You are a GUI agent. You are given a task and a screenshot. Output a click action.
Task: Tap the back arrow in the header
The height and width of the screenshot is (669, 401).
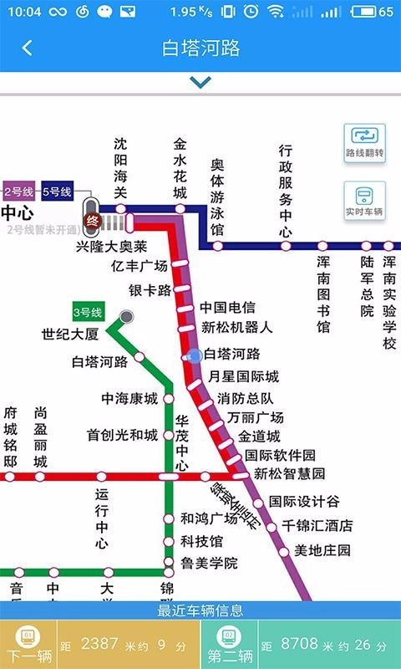pyautogui.click(x=27, y=48)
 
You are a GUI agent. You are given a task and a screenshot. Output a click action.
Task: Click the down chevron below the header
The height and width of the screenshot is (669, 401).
pyautogui.click(x=200, y=82)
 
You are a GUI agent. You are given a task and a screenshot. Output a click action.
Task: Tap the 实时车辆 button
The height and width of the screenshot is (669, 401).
pyautogui.click(x=365, y=202)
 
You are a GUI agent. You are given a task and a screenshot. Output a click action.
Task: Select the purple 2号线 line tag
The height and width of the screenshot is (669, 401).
pyautogui.click(x=18, y=192)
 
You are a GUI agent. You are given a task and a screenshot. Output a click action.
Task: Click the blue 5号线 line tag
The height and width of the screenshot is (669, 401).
pyautogui.click(x=57, y=192)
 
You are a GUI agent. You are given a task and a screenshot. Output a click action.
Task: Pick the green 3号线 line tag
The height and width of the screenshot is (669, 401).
pyautogui.click(x=87, y=313)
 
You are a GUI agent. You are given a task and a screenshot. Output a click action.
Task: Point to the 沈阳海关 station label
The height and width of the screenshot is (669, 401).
pyautogui.click(x=121, y=168)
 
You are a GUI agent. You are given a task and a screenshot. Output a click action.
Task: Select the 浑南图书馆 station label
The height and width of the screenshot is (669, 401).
pyautogui.click(x=323, y=294)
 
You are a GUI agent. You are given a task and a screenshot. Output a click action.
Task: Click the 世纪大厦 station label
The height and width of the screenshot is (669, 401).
pyautogui.click(x=70, y=334)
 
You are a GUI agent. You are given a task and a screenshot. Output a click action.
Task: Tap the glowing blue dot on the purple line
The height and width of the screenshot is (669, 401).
pyautogui.click(x=195, y=355)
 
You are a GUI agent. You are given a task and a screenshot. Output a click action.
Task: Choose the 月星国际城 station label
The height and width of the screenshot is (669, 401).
pyautogui.click(x=243, y=376)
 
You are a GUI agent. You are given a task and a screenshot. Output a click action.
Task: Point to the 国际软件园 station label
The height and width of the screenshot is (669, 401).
pyautogui.click(x=280, y=455)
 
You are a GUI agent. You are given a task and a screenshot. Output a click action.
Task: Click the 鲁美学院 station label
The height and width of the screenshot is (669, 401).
pyautogui.click(x=209, y=563)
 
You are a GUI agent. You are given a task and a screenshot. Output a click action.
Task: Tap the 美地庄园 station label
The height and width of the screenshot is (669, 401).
pyautogui.click(x=322, y=550)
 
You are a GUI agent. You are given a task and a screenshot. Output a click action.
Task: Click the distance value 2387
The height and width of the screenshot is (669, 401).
pyautogui.click(x=100, y=644)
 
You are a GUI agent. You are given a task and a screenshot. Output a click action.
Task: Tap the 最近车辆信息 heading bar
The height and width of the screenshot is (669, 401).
pyautogui.click(x=200, y=610)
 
